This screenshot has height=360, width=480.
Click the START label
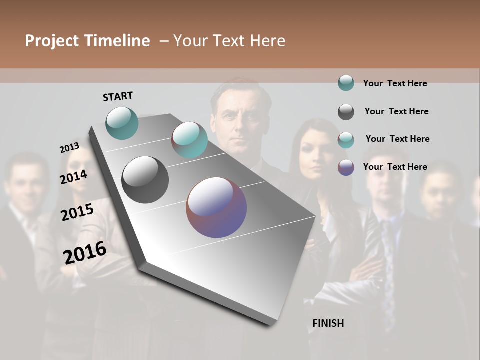(x=118, y=96)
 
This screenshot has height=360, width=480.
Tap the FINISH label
(x=328, y=323)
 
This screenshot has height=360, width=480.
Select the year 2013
(x=69, y=147)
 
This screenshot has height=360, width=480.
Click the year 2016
(x=85, y=252)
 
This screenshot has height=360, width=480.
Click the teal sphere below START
(x=122, y=123)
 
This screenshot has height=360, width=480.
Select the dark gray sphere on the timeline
(x=145, y=180)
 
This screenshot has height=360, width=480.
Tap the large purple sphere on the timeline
(x=216, y=207)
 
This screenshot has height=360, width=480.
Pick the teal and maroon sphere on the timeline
(x=189, y=140)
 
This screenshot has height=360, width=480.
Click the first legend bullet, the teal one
(x=346, y=83)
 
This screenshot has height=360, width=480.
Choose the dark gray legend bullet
(x=346, y=112)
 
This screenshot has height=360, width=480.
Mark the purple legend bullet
(x=346, y=167)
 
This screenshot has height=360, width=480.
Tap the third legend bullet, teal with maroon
(x=346, y=140)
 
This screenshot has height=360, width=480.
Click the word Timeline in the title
(x=117, y=41)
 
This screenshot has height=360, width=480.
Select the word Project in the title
(x=52, y=41)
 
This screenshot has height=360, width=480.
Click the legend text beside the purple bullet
(x=395, y=167)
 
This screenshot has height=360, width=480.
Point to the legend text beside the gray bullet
(x=396, y=111)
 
